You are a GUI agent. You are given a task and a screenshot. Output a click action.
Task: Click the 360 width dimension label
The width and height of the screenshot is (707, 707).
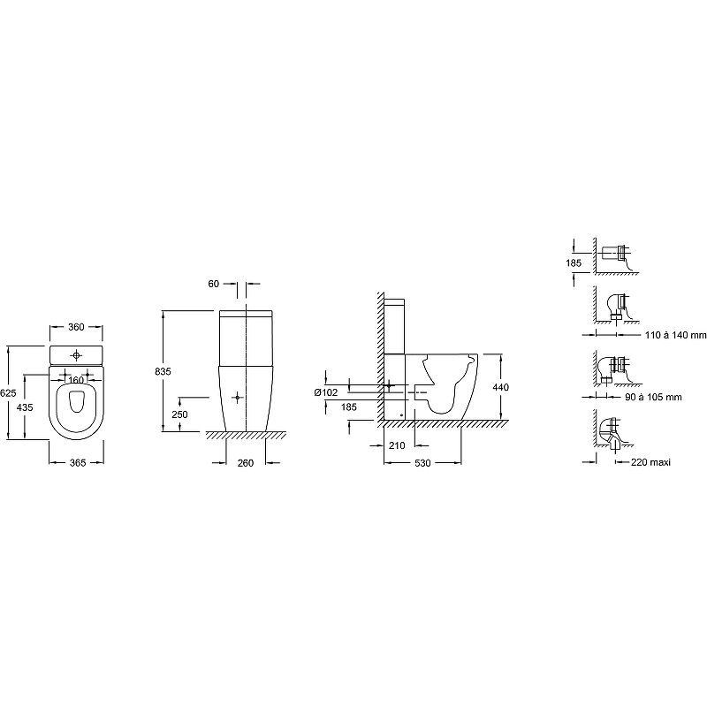coord(76,327)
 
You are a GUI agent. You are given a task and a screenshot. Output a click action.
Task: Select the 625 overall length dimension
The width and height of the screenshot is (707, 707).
coord(8,393)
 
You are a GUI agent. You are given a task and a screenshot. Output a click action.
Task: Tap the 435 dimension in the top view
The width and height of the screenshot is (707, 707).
coord(25,407)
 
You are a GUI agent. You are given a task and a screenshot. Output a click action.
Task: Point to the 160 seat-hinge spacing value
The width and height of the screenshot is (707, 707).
coord(76,381)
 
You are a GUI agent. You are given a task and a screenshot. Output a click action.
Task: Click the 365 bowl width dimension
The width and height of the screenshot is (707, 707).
coord(78,462)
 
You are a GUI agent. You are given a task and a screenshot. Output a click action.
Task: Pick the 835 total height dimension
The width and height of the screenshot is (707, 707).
coord(163,371)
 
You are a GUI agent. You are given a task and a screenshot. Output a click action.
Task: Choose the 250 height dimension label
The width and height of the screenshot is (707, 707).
coord(179,414)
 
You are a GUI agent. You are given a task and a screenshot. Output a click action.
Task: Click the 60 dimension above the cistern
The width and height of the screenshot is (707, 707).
coord(213,284)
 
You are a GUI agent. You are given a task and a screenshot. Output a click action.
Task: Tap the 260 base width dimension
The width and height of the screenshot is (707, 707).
coord(246,463)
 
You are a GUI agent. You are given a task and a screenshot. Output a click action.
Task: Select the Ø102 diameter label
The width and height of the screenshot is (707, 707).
coord(326,392)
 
